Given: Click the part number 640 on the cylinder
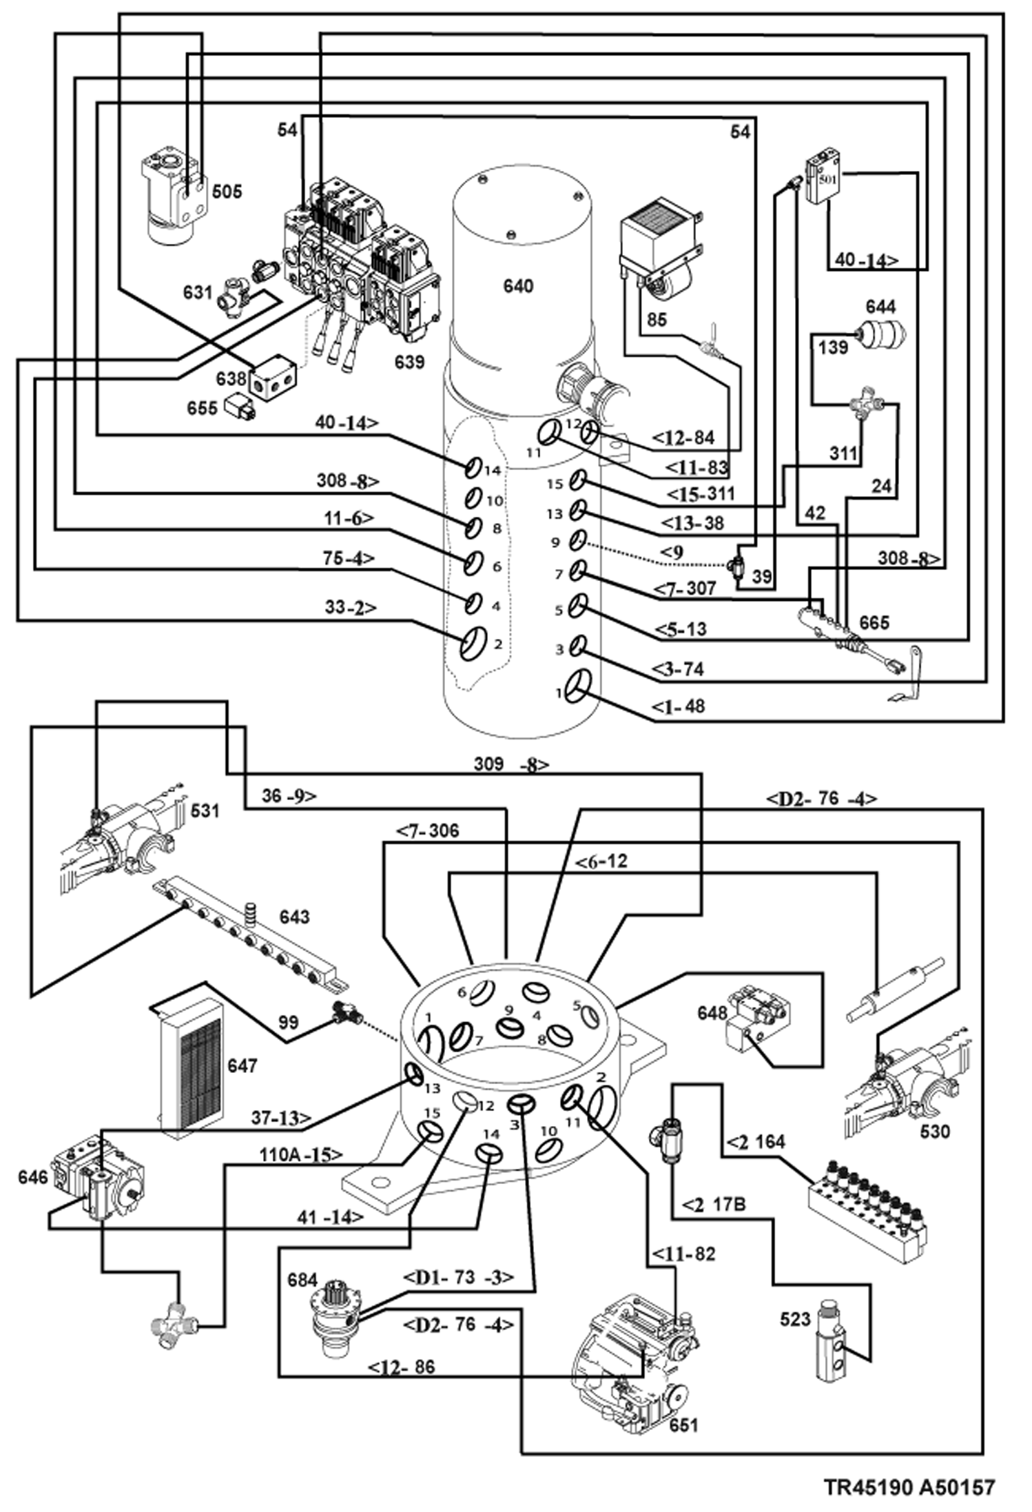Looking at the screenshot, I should tap(517, 285).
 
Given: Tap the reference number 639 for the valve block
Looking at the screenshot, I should tap(409, 361).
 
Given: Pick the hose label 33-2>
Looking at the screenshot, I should tap(351, 608).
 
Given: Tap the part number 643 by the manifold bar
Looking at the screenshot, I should tap(294, 917).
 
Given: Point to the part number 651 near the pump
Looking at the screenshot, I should tap(683, 1424).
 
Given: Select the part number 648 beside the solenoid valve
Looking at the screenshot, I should tap(712, 1013).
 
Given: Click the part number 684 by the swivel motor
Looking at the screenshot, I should tap(302, 1280).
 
